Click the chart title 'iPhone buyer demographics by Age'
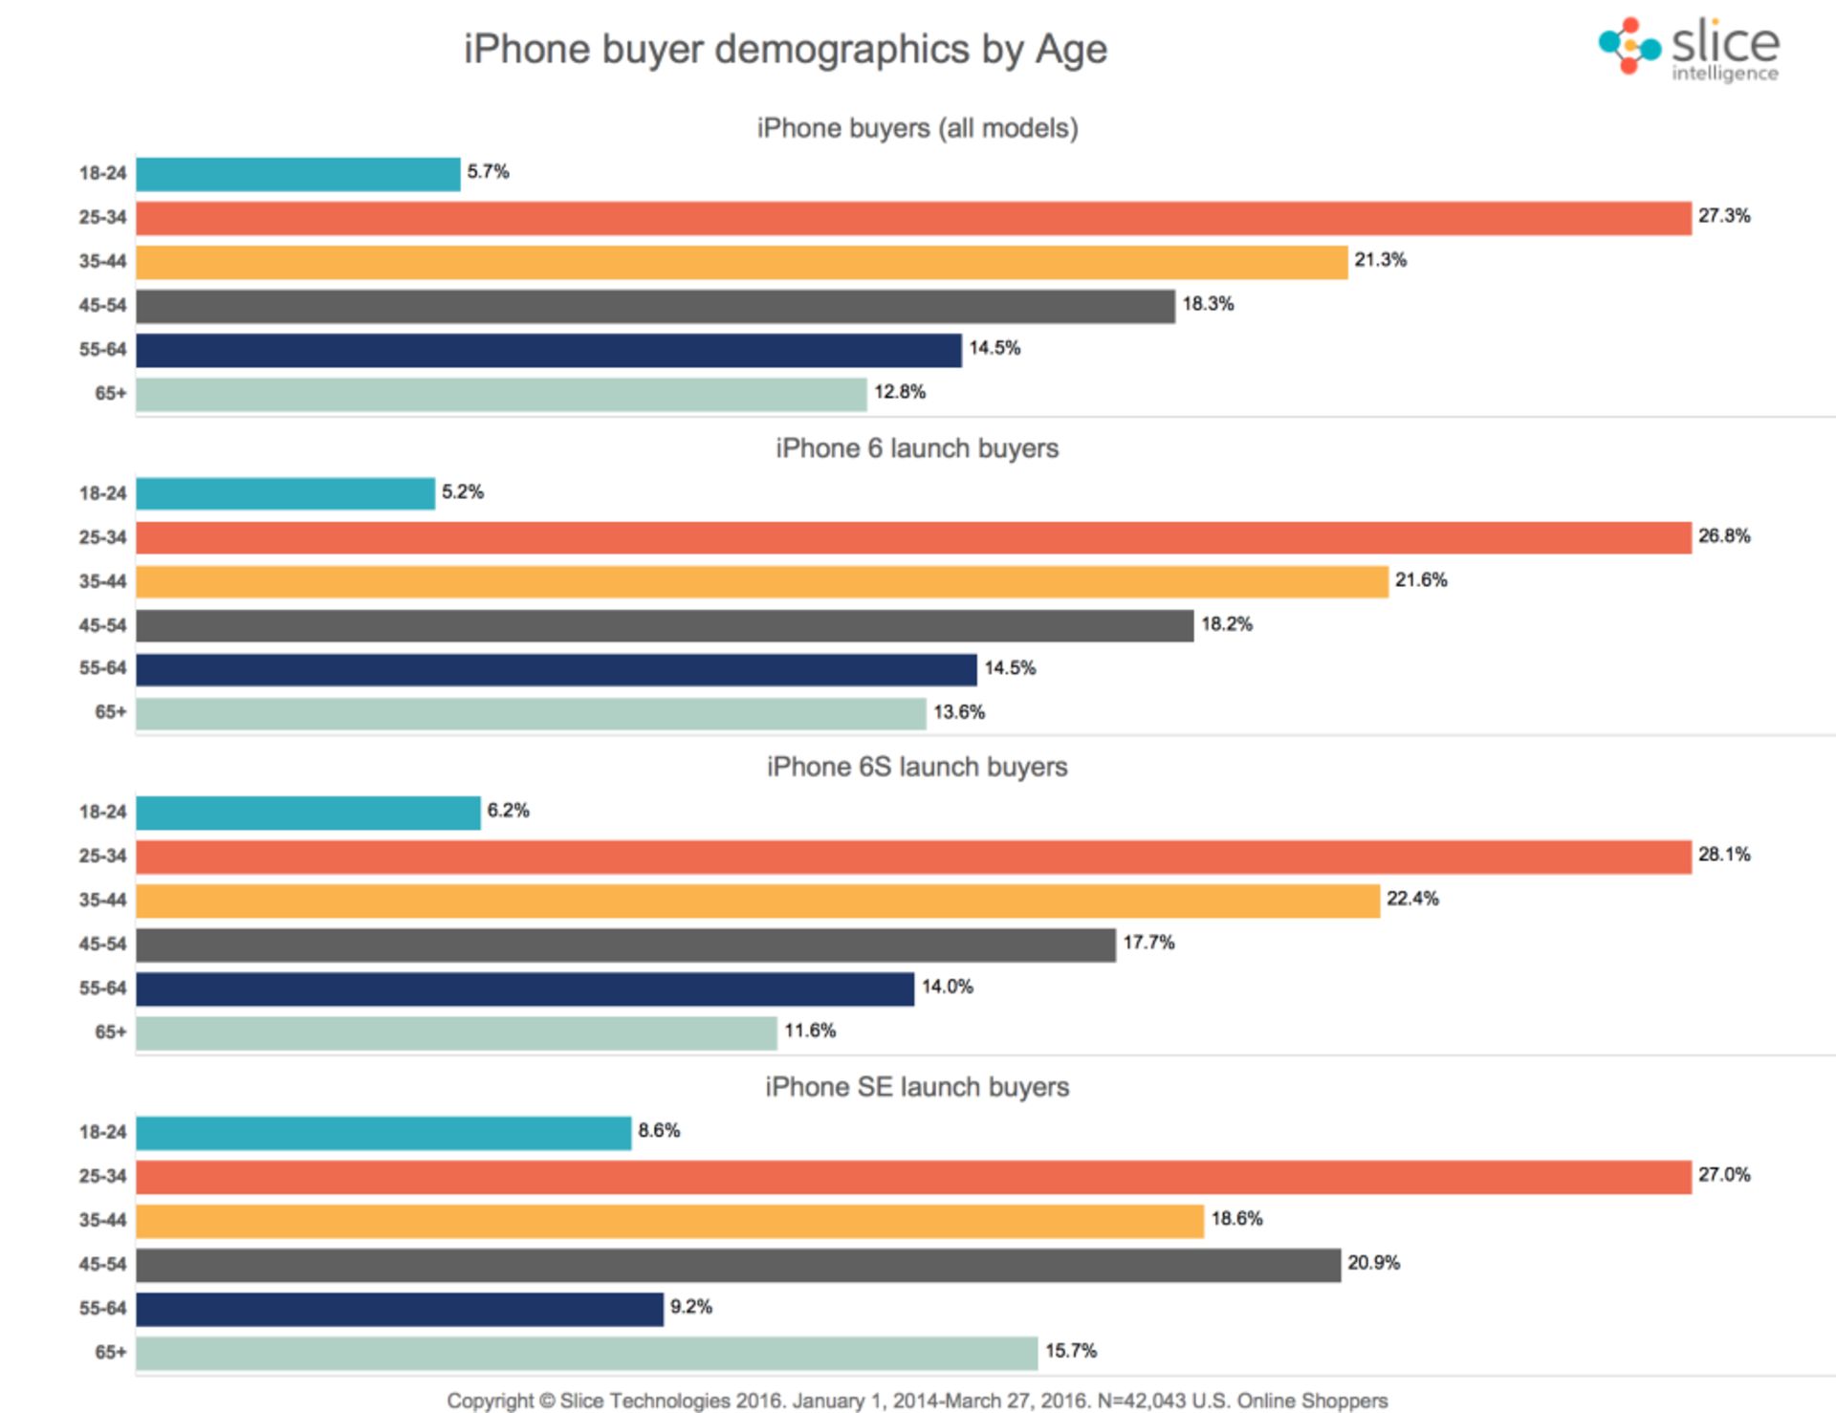[785, 49]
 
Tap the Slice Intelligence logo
[1689, 48]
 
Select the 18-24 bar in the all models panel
[297, 174]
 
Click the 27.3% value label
[1724, 216]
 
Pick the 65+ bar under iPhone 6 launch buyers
[531, 713]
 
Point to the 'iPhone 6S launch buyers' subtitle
[917, 767]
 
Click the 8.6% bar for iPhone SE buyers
[383, 1133]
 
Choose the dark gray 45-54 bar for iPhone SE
[737, 1265]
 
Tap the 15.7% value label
[1070, 1351]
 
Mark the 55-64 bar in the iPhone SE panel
[400, 1309]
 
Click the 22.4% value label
[1412, 899]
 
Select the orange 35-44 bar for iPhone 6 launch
[761, 581]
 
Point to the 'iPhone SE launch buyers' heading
[917, 1087]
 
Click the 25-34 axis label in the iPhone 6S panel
[102, 856]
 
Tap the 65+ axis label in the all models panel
[110, 393]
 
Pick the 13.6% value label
[959, 712]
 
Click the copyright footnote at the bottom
[917, 1401]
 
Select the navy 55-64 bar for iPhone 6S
[525, 989]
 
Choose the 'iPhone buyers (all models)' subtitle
[917, 128]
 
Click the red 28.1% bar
[913, 857]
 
